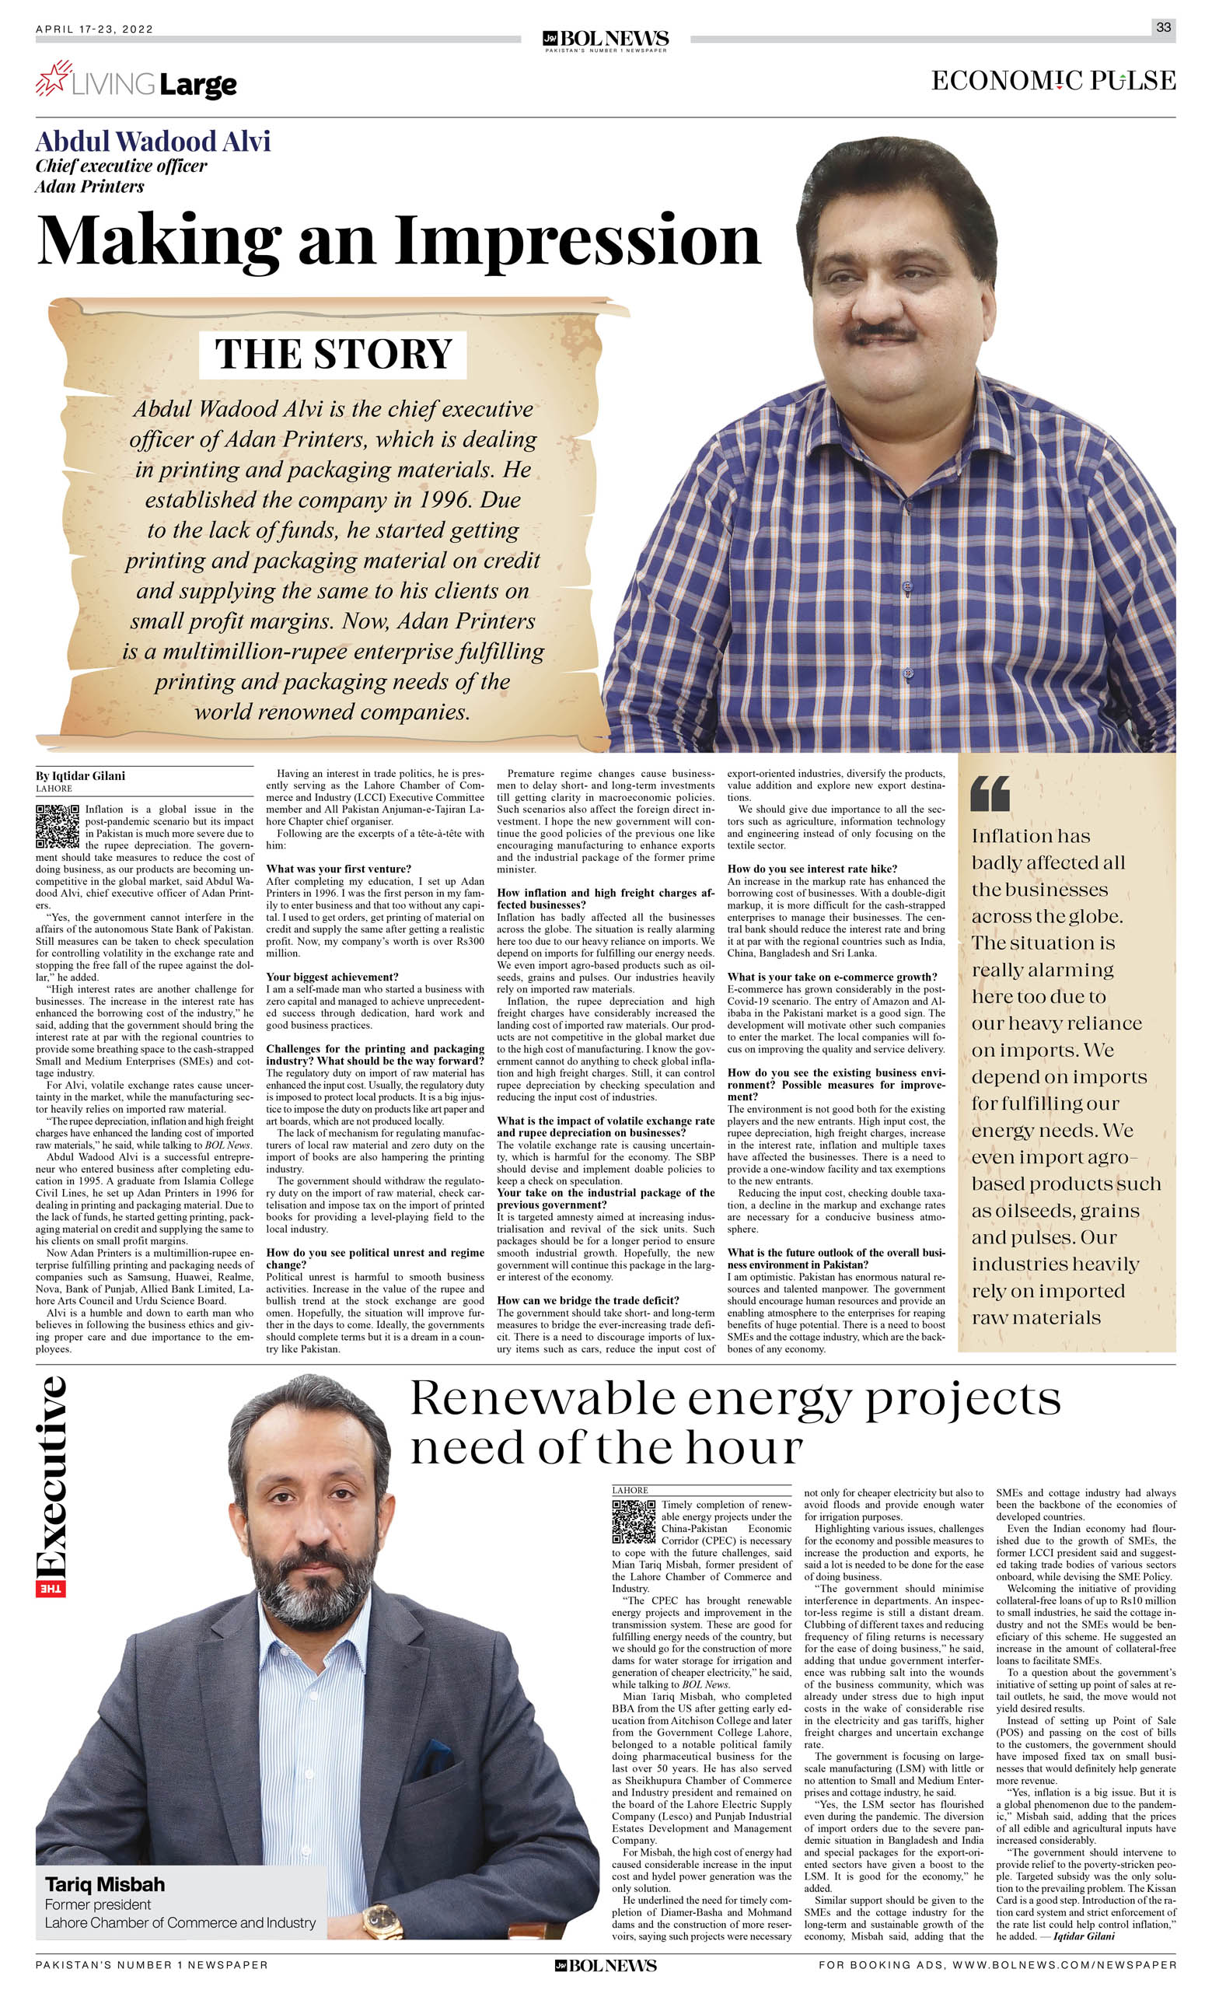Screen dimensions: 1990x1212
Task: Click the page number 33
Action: [1163, 27]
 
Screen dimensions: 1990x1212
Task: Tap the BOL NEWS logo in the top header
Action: [606, 40]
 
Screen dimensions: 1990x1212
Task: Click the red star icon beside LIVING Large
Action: [54, 79]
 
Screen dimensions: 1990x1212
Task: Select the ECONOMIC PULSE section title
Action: [1053, 81]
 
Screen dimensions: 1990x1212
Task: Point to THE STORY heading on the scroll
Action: [333, 354]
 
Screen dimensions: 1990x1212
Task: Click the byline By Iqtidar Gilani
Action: [80, 775]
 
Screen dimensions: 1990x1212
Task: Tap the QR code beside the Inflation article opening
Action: [58, 825]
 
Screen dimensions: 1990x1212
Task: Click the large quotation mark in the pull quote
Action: [990, 794]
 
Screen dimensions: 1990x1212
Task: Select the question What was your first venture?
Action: [338, 869]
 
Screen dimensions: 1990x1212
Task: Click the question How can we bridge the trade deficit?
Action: [588, 1300]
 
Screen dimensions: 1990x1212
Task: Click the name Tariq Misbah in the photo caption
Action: [105, 1884]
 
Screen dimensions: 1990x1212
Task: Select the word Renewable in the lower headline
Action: [543, 1401]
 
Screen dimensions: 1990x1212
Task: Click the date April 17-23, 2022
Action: [95, 29]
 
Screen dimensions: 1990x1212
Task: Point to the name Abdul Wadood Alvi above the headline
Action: [152, 142]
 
